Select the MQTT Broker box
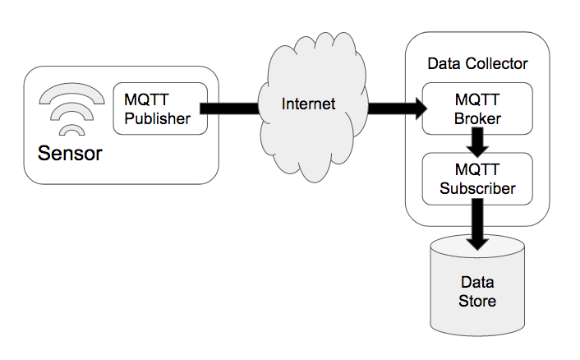click(x=477, y=108)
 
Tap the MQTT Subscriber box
click(x=477, y=179)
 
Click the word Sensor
click(x=70, y=153)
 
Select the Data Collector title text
click(x=477, y=63)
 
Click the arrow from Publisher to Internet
click(x=230, y=108)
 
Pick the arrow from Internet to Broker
click(x=394, y=108)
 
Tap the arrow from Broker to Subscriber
click(x=477, y=145)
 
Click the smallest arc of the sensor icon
click(x=72, y=130)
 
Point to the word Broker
click(x=477, y=118)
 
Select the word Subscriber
click(x=477, y=188)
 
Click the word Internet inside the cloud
click(x=309, y=104)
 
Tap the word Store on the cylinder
click(x=477, y=301)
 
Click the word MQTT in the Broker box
click(x=477, y=99)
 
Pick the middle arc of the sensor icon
click(x=72, y=113)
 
